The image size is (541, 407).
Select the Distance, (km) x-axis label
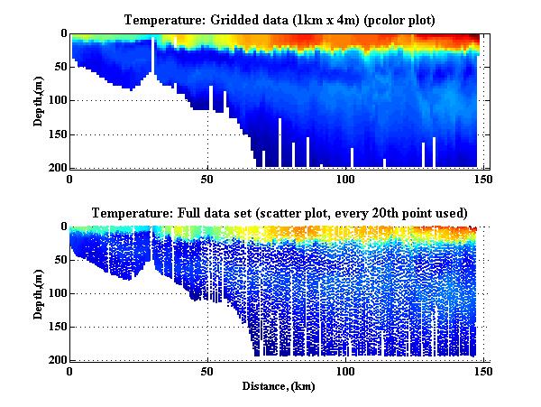pyautogui.click(x=277, y=385)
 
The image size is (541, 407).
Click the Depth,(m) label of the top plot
pyautogui.click(x=40, y=100)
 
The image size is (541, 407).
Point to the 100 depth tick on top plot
pyautogui.click(x=56, y=101)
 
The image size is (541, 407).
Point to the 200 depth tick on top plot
pyautogui.click(x=56, y=168)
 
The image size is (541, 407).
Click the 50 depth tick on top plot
pyautogui.click(x=59, y=68)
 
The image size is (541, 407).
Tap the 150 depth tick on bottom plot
pyautogui.click(x=56, y=328)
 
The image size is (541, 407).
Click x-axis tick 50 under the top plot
pyautogui.click(x=207, y=179)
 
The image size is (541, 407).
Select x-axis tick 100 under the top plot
pyautogui.click(x=345, y=179)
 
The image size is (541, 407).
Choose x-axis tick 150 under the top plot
pyautogui.click(x=483, y=179)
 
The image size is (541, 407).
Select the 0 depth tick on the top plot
pyautogui.click(x=61, y=34)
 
